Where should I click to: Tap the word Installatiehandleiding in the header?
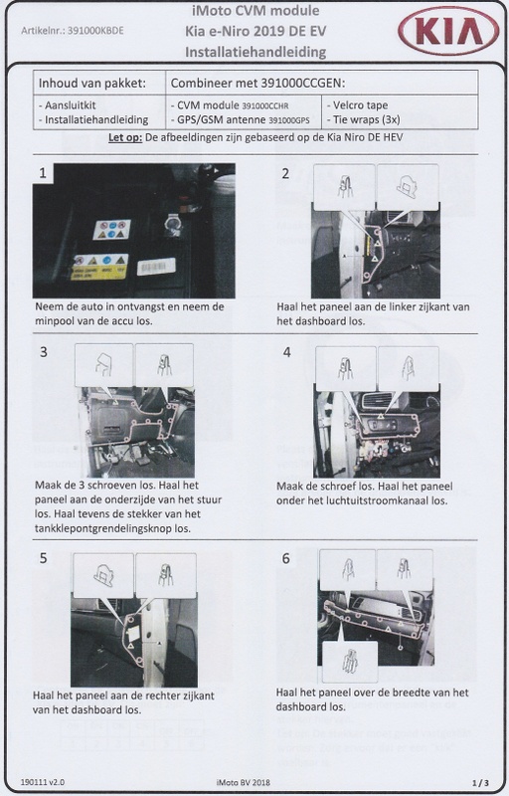[x=254, y=49]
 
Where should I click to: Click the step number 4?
[x=286, y=353]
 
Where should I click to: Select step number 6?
[x=286, y=558]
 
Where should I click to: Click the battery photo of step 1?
[x=133, y=231]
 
